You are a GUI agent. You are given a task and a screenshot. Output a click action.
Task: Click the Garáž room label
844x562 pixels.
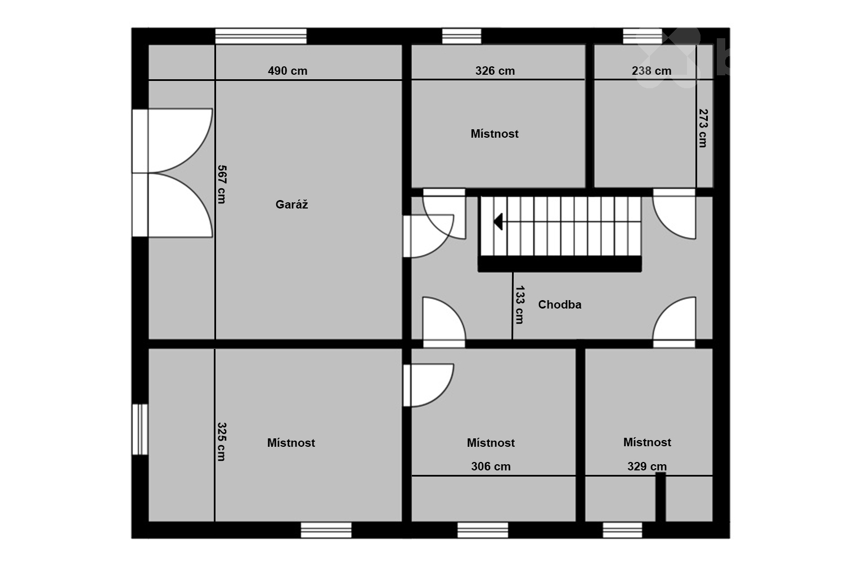291,205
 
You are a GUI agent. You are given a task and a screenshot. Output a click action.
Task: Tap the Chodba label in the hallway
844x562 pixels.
559,305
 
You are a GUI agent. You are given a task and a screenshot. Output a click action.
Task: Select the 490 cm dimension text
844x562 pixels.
288,71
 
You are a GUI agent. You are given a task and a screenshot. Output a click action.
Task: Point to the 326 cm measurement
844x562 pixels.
495,71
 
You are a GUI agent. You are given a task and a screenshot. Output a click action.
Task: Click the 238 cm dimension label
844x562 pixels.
652,71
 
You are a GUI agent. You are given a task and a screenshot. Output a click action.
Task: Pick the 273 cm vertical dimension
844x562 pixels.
703,128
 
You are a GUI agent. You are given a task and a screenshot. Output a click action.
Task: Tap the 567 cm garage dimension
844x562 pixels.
222,184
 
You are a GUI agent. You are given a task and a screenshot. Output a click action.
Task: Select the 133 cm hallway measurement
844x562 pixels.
520,305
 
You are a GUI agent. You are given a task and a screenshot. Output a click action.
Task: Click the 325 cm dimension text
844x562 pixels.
222,442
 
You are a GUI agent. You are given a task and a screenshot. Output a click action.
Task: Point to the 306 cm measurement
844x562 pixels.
491,466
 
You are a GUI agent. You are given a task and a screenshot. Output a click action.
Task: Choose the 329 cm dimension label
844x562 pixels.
647,466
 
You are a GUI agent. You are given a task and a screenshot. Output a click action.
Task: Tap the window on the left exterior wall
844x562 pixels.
140,429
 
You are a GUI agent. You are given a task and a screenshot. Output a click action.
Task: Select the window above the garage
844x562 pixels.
261,37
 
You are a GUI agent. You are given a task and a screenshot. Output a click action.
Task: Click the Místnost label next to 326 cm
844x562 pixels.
495,134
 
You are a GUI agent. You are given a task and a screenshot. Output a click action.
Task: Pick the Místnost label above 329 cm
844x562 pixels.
647,442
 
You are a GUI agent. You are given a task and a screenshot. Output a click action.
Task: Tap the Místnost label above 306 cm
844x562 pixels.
491,443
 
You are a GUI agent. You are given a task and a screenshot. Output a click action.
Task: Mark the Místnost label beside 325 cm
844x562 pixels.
291,443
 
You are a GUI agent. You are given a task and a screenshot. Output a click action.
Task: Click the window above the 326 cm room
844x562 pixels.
461,37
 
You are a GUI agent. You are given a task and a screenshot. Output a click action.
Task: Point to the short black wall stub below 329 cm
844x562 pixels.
661,497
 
